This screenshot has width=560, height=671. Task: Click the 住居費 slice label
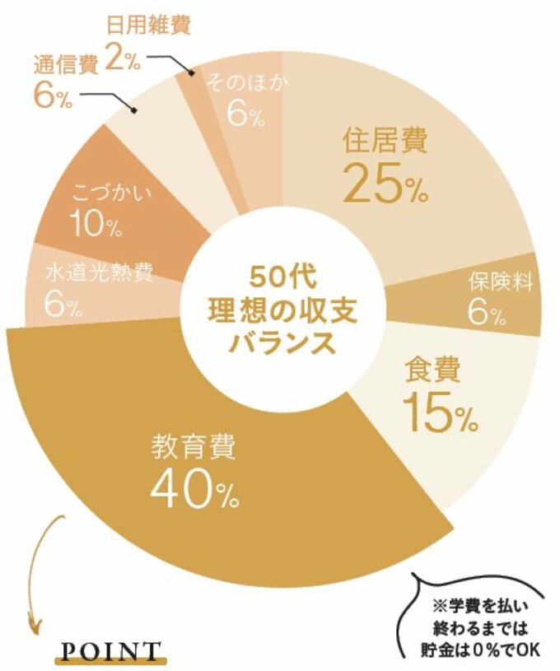(x=385, y=142)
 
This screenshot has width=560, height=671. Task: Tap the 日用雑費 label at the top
(x=148, y=25)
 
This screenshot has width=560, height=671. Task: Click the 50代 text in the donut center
(x=279, y=273)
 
